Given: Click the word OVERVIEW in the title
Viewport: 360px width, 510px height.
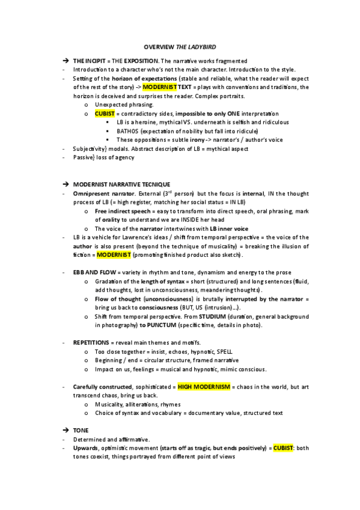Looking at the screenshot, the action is coord(158,46).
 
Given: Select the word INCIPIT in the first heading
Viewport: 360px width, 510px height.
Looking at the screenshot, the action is coord(94,61).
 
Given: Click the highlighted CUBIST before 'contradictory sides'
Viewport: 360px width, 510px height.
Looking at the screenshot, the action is coord(105,113).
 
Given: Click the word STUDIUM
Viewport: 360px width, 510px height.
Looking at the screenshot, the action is coord(222,316).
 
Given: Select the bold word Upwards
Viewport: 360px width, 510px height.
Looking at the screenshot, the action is coord(85,449).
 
